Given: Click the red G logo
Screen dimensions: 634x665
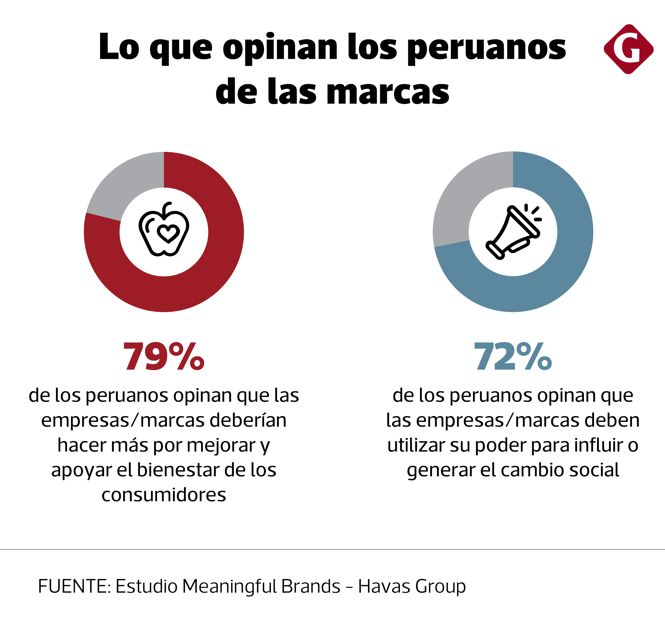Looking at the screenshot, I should [x=628, y=49].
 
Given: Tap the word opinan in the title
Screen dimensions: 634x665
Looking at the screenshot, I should [x=280, y=48].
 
